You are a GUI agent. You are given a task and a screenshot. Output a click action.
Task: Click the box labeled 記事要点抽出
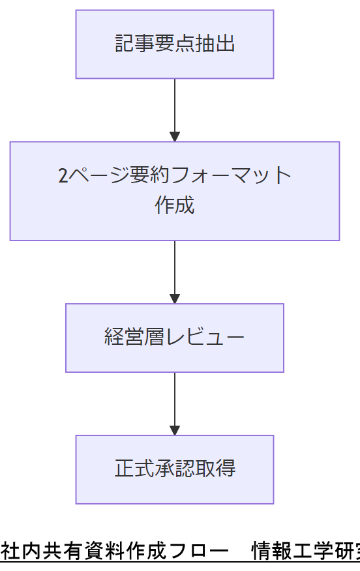[174, 44]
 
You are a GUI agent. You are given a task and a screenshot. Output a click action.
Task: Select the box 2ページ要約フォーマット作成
[174, 191]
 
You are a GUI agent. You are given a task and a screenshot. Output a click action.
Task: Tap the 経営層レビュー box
[174, 338]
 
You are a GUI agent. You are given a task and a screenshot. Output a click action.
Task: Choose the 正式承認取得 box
[174, 469]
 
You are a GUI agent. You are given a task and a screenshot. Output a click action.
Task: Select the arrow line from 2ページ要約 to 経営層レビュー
[174, 267]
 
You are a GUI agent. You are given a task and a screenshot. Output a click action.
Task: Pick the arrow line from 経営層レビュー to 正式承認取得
[174, 399]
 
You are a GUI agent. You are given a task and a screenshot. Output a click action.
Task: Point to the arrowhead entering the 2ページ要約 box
[174, 136]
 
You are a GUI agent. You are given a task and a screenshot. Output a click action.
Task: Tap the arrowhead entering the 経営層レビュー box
[174, 299]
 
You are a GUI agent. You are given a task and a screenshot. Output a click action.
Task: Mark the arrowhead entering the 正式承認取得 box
[174, 430]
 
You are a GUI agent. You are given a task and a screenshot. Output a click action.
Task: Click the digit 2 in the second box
[63, 176]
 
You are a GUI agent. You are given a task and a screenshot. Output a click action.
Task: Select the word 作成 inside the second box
[174, 205]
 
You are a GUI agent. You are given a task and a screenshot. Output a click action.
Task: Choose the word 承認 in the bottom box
[174, 469]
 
